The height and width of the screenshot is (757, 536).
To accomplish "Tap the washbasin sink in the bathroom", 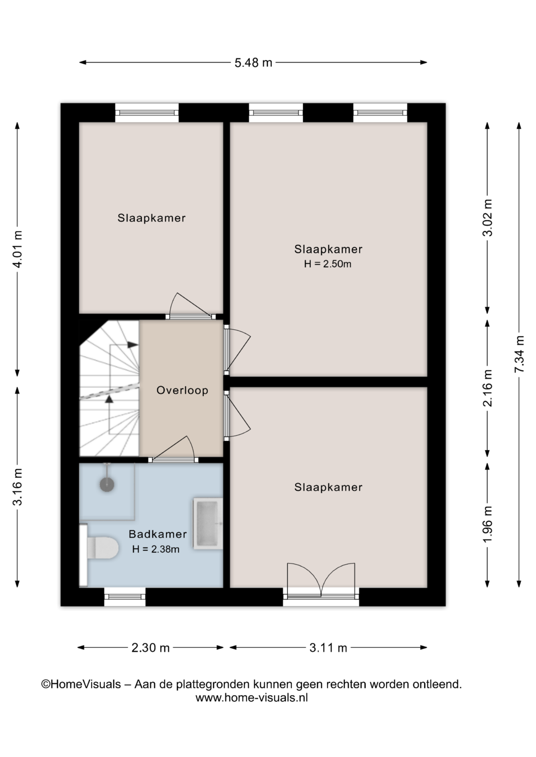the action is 208,524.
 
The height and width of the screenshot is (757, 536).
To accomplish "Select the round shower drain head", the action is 107,485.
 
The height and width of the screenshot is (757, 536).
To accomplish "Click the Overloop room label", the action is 182,390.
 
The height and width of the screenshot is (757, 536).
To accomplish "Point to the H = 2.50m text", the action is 328,264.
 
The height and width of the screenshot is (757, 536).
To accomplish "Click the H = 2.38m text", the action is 156,549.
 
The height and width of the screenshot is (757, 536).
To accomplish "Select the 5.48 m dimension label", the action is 253,63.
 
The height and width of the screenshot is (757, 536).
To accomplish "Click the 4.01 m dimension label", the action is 18,249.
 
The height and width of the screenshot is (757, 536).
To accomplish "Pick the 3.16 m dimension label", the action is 18,487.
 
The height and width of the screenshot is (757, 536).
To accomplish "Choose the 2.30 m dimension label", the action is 150,648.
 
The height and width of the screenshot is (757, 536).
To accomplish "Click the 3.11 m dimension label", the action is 328,648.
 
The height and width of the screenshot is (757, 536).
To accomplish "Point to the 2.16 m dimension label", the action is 488,388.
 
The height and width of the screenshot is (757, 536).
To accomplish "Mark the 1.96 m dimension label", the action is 488,524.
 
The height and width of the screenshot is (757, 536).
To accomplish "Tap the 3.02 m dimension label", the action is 488,218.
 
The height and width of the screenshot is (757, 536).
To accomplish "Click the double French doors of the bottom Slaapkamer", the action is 321,583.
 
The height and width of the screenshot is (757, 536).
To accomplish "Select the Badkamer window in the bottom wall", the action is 125,597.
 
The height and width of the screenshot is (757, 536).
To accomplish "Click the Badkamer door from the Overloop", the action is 173,450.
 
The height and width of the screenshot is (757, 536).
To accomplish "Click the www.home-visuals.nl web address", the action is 252,697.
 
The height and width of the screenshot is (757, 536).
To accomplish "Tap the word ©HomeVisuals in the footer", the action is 81,684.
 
